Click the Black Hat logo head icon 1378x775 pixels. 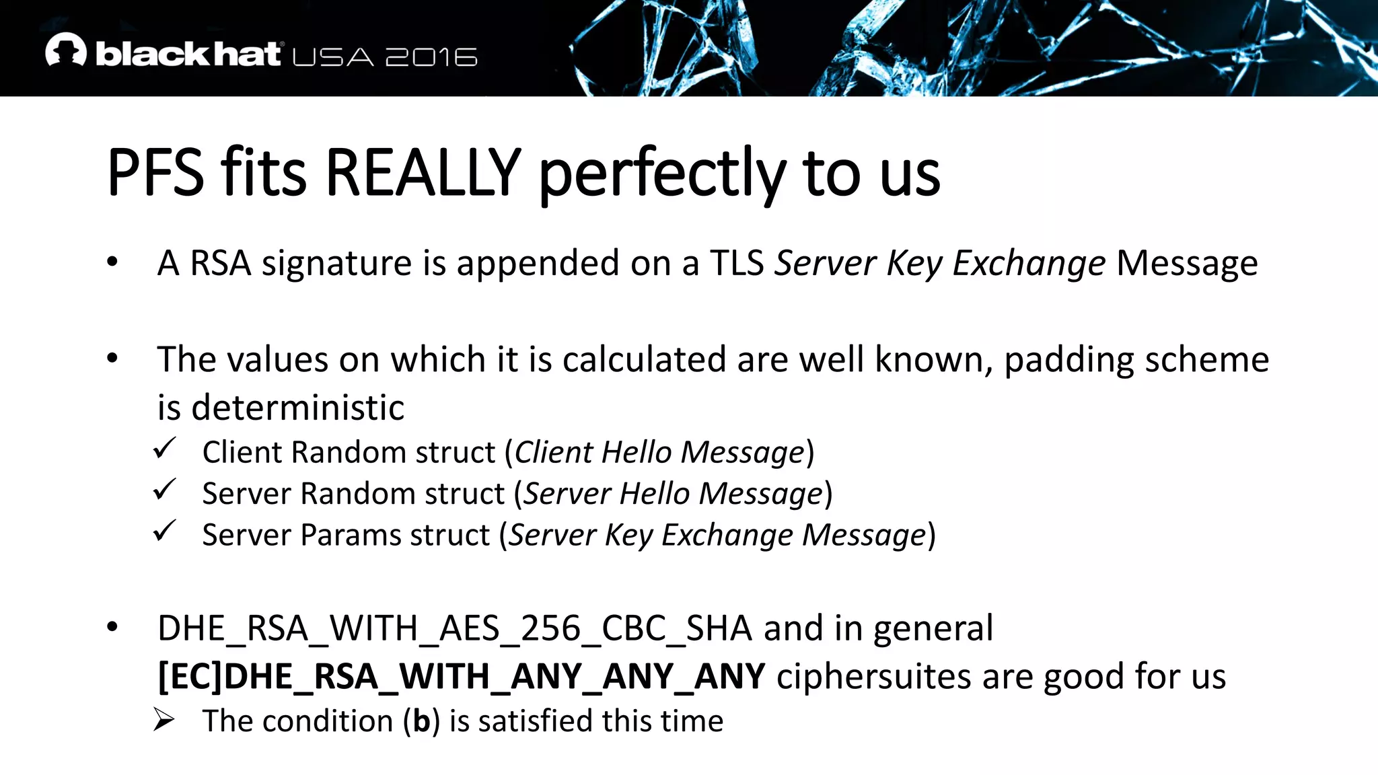65,50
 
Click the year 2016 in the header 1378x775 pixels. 431,57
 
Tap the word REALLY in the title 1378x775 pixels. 423,173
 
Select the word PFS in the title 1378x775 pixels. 155,173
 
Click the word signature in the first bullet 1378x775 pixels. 336,263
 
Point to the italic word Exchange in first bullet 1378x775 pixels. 1029,263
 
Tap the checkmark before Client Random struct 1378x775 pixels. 164,448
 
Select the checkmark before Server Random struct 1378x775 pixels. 164,490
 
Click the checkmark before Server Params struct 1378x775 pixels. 164,531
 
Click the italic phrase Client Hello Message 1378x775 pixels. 659,452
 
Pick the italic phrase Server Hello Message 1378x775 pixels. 674,494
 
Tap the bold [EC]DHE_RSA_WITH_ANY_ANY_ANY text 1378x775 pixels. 461,676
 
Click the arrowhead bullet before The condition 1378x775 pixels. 164,719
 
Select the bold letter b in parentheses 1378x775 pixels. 421,721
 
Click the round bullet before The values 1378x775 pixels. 112,359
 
